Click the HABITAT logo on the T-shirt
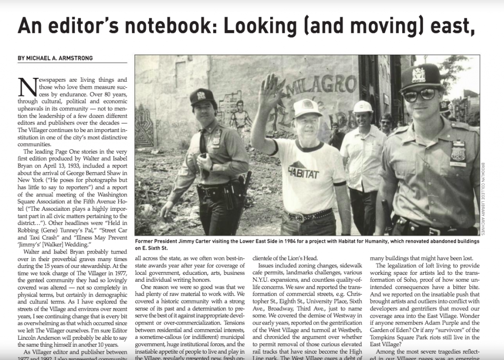coord(302,170)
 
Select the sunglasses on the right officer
coord(419,94)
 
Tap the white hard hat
coord(363,106)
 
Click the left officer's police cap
coord(202,96)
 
